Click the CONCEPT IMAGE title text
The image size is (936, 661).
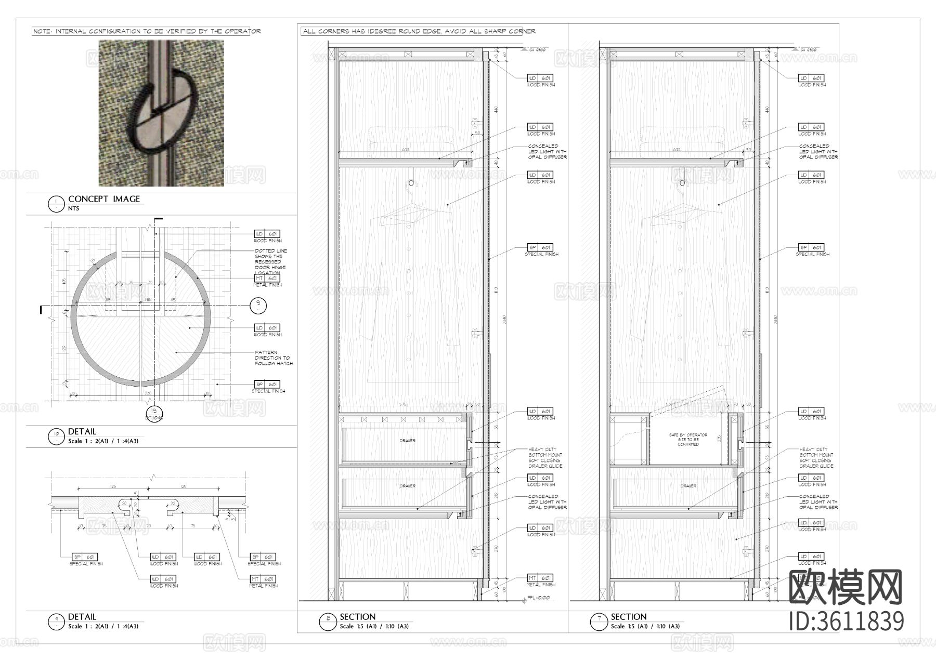104,199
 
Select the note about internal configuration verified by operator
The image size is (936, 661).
147,31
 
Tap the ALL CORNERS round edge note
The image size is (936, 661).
419,31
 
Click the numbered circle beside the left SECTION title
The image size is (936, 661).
328,621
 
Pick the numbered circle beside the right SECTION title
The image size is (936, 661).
599,621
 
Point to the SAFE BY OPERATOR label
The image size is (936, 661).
688,440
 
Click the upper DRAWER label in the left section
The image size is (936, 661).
407,441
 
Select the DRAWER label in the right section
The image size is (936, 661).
688,486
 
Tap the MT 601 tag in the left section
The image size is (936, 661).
541,578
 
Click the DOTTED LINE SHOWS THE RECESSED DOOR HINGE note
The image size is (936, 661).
270,261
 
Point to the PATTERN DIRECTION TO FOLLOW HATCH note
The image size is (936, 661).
274,358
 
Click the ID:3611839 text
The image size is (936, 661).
847,622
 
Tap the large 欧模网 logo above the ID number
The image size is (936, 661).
846,587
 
